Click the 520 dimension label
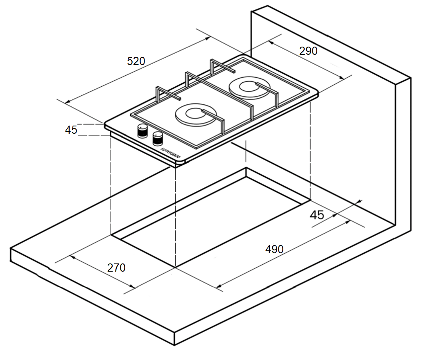136,61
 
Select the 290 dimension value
308,51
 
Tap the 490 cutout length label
274,249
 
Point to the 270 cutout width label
116,268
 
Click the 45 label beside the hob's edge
71,130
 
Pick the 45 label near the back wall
316,215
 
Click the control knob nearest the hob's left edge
142,130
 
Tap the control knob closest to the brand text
158,138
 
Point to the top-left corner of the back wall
251,12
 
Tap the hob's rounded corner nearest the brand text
180,164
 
